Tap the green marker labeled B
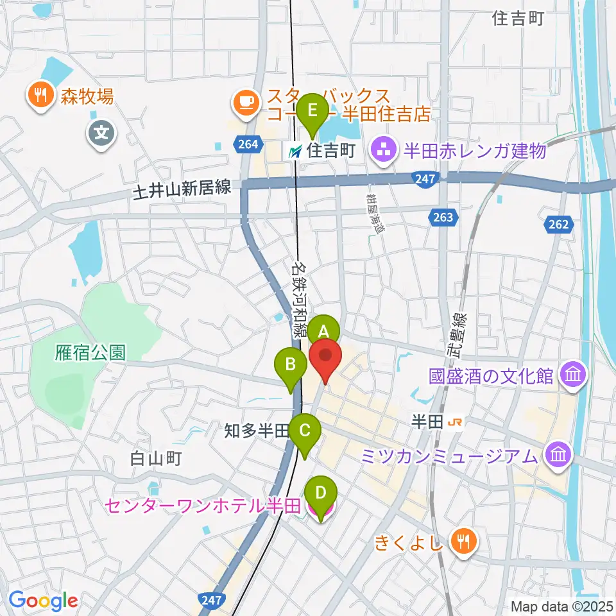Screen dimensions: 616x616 (291, 366)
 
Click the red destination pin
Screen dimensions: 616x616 (326, 357)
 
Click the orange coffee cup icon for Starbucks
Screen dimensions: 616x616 (246, 101)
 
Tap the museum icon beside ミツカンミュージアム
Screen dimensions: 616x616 (557, 456)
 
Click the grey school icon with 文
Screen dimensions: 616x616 (102, 134)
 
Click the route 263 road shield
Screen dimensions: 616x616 (442, 218)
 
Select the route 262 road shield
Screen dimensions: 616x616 (558, 224)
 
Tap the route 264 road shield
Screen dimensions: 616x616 (247, 144)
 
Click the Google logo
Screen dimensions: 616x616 (43, 601)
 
